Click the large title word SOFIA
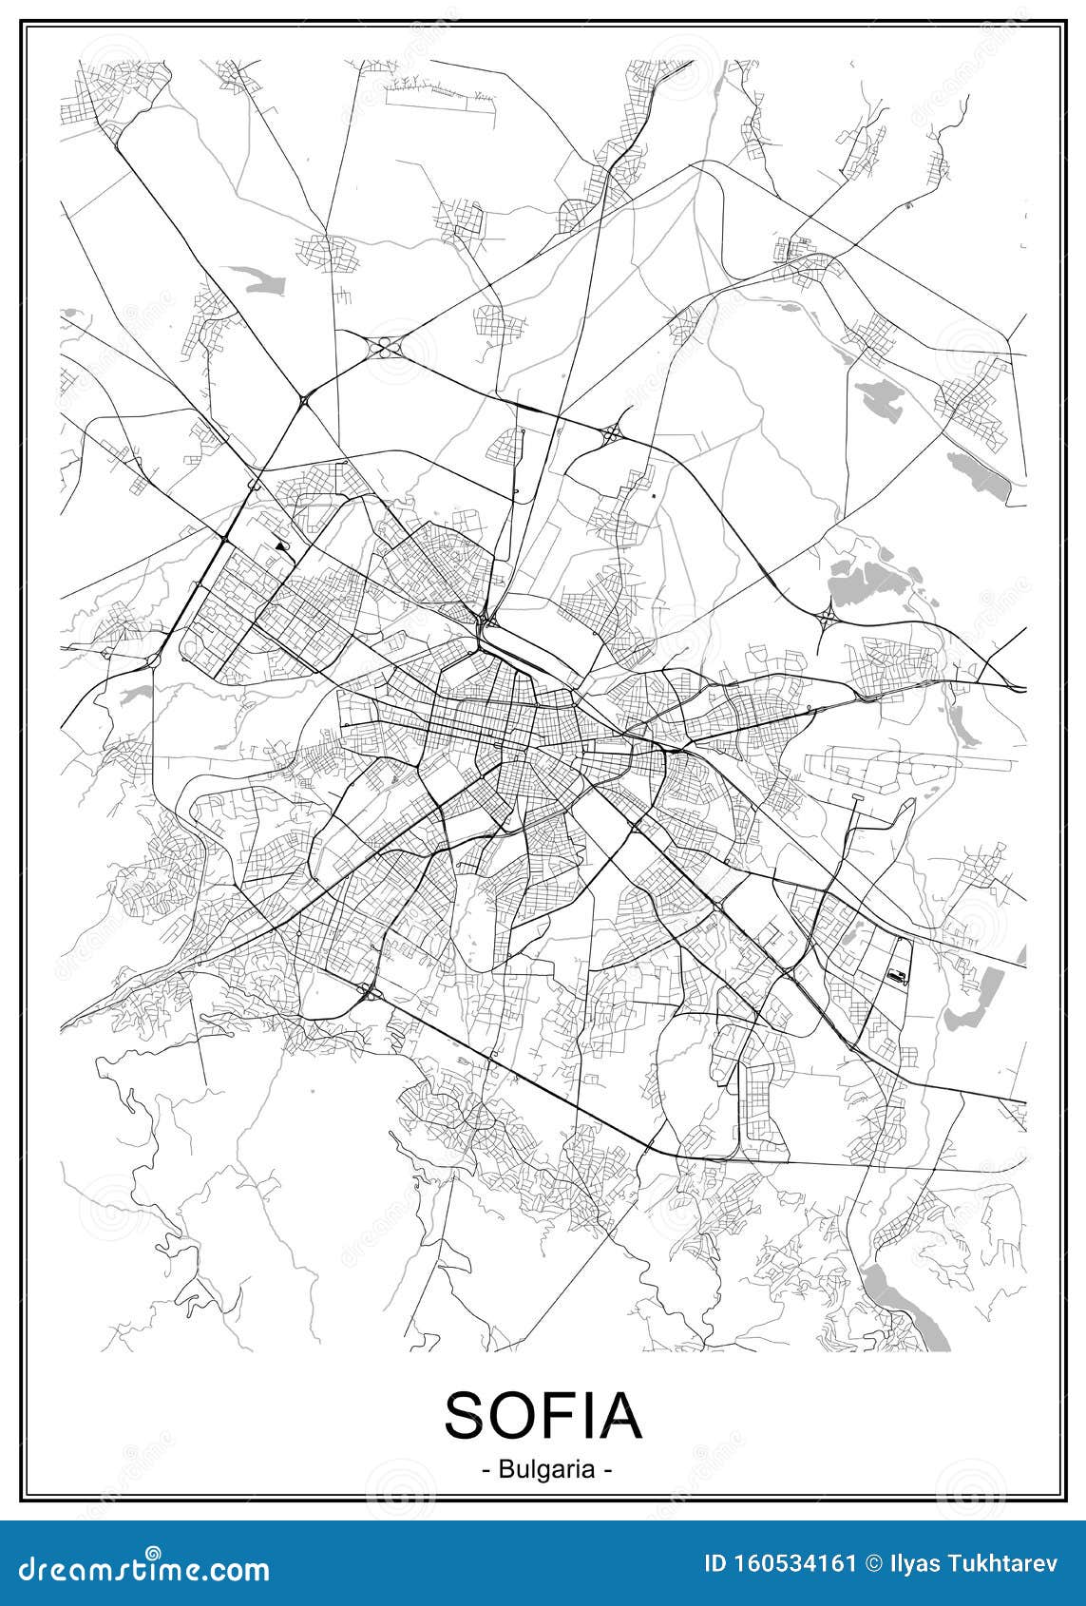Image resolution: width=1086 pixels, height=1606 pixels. coord(543,1415)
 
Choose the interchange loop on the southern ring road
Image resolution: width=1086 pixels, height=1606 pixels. coord(368,993)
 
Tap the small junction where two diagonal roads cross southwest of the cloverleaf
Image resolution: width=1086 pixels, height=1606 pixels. coord(306,401)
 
